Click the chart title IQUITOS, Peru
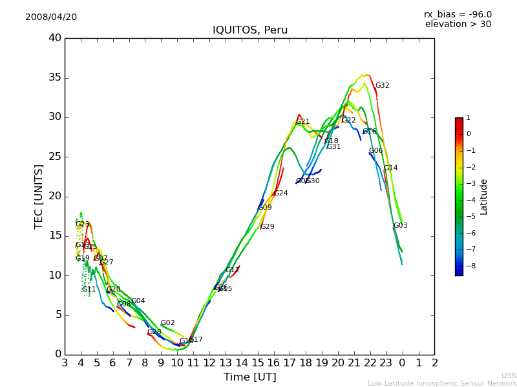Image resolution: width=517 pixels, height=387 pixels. click(250, 30)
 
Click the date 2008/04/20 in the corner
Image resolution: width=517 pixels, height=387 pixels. click(51, 17)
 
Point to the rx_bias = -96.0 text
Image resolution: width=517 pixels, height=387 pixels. click(458, 14)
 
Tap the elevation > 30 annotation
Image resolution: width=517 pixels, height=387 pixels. click(458, 25)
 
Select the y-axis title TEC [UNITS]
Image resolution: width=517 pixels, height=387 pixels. click(39, 196)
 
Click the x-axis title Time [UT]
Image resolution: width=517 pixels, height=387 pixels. click(249, 377)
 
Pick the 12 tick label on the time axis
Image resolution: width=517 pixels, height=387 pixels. click(209, 362)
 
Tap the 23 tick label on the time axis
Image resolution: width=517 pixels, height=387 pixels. click(386, 362)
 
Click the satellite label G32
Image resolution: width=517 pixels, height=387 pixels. click(382, 86)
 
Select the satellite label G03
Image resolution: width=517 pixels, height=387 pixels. click(400, 226)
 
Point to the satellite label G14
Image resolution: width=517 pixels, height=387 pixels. click(390, 168)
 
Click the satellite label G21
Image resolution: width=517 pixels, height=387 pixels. click(302, 122)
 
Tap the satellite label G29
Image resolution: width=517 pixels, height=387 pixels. click(267, 227)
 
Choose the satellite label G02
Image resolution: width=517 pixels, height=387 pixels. click(167, 323)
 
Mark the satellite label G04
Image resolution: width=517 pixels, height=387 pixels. click(138, 301)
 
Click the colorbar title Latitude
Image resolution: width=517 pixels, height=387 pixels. click(483, 197)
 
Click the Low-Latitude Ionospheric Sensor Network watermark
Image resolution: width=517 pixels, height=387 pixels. click(442, 383)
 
